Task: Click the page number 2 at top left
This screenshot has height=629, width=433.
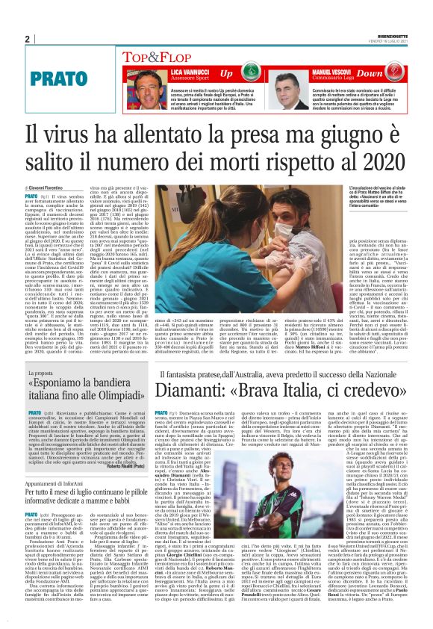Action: point(27,39)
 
